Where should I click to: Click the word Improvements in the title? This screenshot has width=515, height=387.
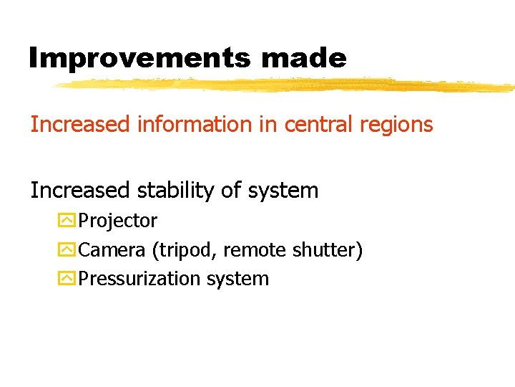(x=139, y=58)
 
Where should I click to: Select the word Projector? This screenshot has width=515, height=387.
(x=118, y=221)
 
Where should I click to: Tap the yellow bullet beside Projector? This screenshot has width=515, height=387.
(x=67, y=221)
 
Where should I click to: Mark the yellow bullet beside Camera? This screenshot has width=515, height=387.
(x=67, y=250)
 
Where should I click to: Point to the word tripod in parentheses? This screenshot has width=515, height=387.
(x=190, y=251)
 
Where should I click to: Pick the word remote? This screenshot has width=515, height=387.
(x=255, y=250)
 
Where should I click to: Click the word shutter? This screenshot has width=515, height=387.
(x=324, y=250)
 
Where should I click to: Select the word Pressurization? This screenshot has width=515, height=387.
(x=140, y=279)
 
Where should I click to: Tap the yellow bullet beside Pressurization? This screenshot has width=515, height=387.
(x=67, y=279)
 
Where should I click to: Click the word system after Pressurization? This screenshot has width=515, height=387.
(x=237, y=279)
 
